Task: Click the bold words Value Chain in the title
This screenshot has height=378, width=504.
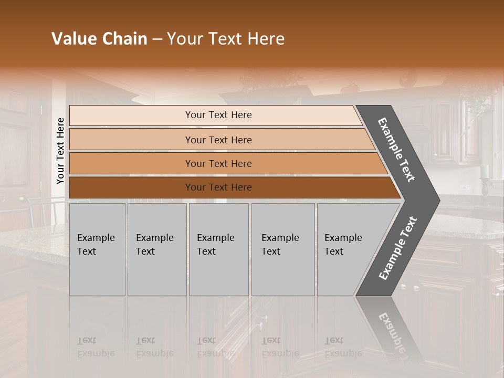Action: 99,39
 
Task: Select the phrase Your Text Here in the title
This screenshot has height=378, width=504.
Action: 226,39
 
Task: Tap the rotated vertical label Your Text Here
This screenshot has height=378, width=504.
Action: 60,151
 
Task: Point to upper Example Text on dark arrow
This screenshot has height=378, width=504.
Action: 396,150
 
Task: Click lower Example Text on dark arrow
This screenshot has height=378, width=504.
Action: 397,248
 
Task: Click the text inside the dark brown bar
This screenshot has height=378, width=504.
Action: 218,187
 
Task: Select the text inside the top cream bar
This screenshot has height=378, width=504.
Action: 218,115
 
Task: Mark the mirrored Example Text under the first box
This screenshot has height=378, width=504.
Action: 96,347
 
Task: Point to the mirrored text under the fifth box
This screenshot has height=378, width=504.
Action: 343,347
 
